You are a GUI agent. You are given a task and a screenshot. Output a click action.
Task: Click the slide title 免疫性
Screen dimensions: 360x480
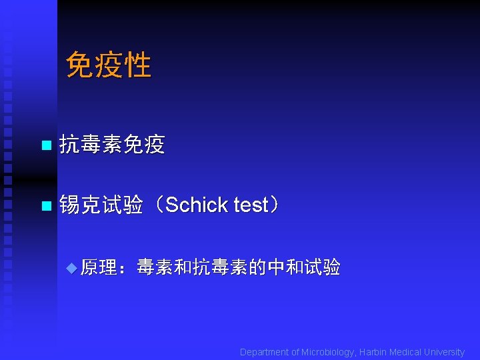109,65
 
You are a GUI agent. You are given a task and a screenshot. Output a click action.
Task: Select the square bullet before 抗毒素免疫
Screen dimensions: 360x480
45,145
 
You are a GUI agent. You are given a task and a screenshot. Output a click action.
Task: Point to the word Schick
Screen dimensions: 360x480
197,205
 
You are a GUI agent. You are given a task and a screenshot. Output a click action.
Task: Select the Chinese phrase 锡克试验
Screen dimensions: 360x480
101,205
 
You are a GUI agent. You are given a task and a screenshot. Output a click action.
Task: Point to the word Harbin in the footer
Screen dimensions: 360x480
374,352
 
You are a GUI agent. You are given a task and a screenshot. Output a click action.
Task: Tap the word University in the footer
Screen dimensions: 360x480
444,352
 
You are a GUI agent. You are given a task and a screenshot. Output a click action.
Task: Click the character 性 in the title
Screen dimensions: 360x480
137,65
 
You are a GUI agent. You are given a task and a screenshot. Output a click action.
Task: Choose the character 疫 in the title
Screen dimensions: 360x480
109,65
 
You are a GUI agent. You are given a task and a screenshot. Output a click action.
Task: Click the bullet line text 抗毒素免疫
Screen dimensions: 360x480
112,144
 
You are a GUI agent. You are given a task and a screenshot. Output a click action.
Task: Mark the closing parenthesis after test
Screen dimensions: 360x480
274,205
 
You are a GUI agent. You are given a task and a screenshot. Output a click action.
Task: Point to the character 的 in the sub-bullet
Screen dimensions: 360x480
257,267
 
